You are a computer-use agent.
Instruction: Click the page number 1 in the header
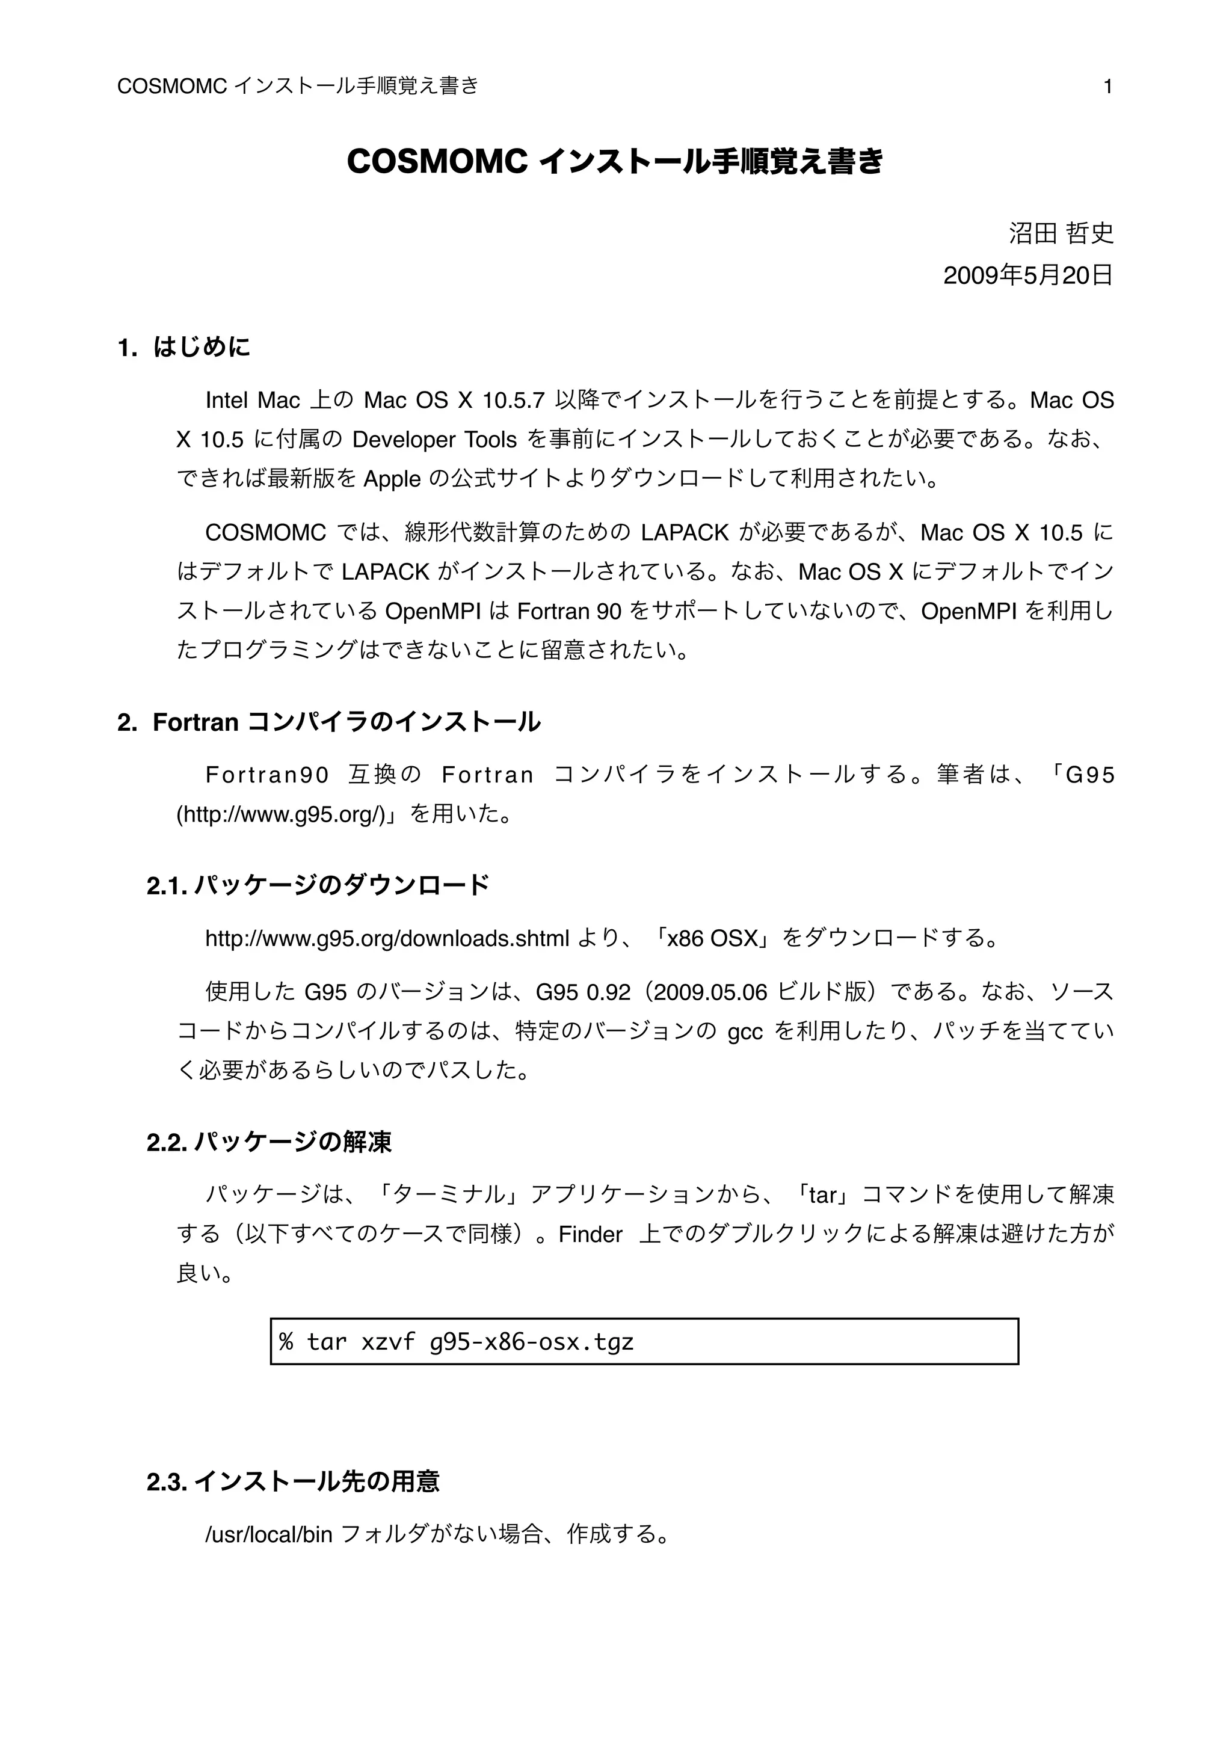(x=1107, y=87)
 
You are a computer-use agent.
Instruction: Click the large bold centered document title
(x=615, y=162)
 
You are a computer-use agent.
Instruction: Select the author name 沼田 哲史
(x=1061, y=233)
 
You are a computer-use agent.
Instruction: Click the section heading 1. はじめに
(x=183, y=348)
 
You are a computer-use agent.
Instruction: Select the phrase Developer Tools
(x=434, y=440)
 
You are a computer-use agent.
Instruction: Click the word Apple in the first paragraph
(x=392, y=479)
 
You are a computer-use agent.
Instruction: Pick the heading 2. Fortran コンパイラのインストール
(x=328, y=722)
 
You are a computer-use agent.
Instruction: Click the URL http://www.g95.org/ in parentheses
(x=282, y=814)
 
